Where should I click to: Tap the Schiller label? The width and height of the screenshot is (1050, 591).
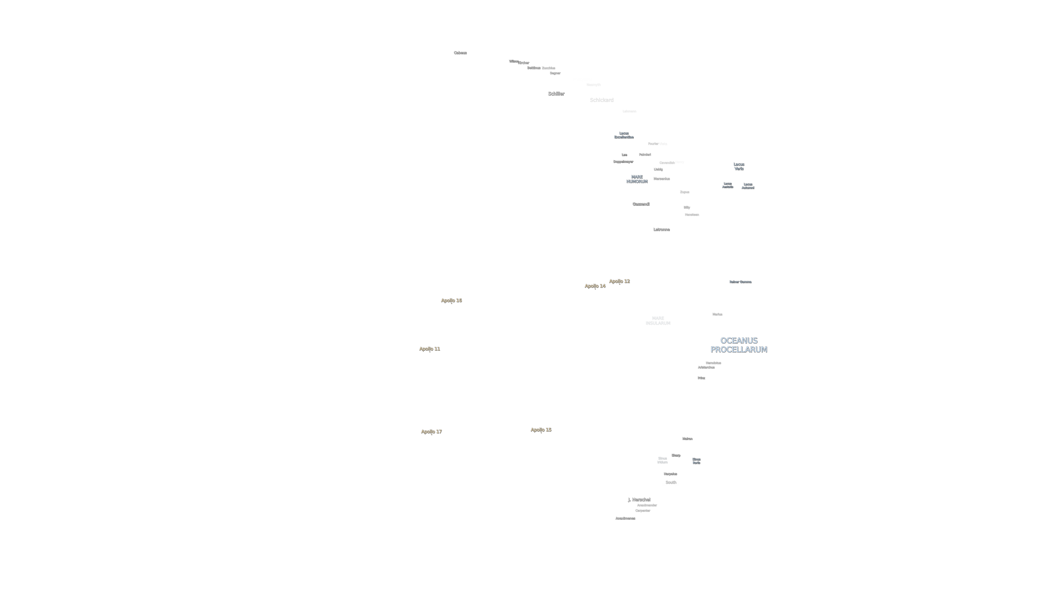click(556, 94)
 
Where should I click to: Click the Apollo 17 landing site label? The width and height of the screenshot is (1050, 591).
click(431, 432)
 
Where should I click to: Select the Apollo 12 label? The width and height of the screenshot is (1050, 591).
click(619, 281)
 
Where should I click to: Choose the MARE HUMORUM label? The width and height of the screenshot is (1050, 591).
click(637, 179)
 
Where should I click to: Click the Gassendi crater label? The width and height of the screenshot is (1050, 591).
click(641, 204)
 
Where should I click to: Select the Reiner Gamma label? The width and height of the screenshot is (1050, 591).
click(740, 282)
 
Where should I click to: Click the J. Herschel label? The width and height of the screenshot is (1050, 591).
click(639, 500)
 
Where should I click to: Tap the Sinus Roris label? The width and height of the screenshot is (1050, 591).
click(696, 461)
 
